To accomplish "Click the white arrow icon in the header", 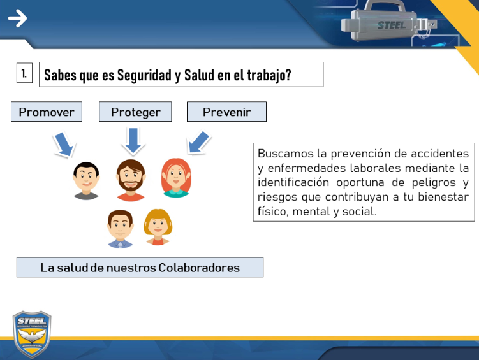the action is (17, 18).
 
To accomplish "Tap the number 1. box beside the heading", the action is (24, 73).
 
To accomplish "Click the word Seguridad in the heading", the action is (144, 75).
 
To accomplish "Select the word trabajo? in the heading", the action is (269, 75).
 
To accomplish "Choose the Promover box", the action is (47, 112).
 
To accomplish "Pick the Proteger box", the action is (135, 112).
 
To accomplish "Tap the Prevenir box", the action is (226, 112).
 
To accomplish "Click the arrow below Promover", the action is (64, 144).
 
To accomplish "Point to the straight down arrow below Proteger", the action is (133, 141).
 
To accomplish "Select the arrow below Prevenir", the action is (198, 142).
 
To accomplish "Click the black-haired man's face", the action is (86, 180).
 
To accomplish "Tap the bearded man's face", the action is (131, 180).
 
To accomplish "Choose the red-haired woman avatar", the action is (176, 178).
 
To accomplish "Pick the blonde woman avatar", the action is (158, 227).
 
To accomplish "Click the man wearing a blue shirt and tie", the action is (120, 229).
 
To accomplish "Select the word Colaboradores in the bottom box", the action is (199, 268).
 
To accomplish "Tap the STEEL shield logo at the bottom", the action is (32, 334).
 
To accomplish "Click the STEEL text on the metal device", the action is (392, 25).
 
